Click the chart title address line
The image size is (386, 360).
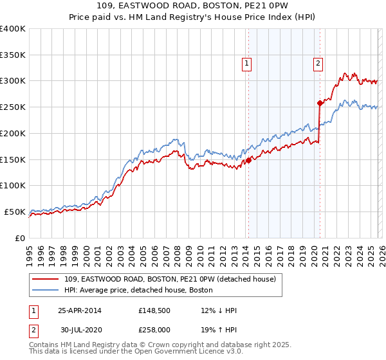coord(192,7)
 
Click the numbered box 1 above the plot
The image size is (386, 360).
coord(248,63)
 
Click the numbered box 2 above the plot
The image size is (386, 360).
coord(318,63)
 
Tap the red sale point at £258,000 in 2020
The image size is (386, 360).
coord(320,103)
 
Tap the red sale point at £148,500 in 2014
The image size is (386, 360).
coord(249,160)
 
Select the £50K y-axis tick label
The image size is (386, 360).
coord(15,212)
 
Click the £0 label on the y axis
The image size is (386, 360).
coord(21,238)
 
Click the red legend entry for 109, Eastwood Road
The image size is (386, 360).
coord(170,279)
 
